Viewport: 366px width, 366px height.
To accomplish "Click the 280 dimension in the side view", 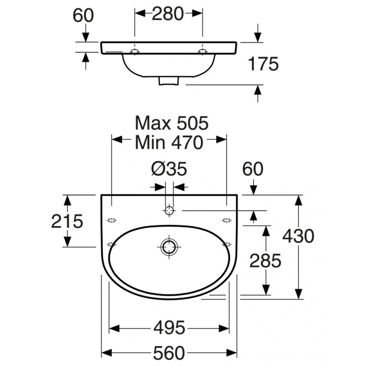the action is click(167, 14).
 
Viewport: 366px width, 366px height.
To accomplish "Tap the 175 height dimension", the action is click(263, 64).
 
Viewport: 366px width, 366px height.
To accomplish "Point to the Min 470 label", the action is click(169, 142).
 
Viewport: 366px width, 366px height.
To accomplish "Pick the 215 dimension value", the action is click(67, 221).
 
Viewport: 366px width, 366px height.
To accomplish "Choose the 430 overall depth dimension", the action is click(298, 236).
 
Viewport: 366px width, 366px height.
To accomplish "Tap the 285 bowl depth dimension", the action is click(265, 260).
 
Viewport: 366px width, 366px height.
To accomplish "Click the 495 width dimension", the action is click(169, 328).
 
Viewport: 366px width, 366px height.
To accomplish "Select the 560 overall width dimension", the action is click(169, 353).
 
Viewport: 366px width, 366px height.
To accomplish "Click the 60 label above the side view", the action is click(83, 16).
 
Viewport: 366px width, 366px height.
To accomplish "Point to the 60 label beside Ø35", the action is click(253, 169).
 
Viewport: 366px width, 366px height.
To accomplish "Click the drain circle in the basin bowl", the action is click(169, 247).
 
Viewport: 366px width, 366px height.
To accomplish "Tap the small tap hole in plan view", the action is click(169, 211).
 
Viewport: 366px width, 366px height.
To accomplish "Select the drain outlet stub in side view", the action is click(169, 81).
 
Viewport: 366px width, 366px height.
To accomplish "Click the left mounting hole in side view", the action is click(134, 51).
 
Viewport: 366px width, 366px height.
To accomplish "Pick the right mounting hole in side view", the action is click(203, 51).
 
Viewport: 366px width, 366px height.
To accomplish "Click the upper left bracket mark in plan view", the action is click(112, 220).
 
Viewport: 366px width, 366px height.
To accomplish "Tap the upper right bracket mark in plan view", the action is click(227, 220).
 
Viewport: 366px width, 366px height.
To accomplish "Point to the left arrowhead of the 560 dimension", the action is click(106, 353).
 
